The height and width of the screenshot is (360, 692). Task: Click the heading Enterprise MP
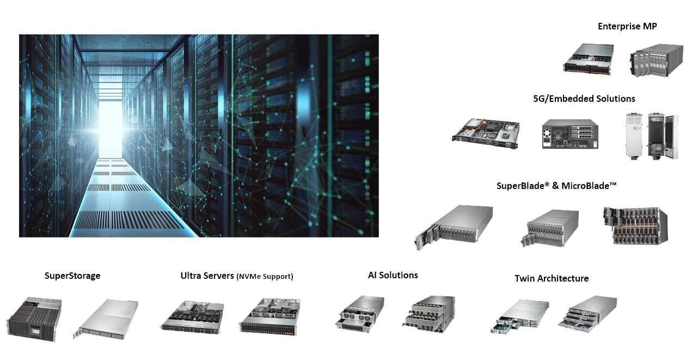click(x=627, y=26)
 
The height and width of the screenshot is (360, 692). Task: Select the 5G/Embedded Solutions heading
click(x=584, y=99)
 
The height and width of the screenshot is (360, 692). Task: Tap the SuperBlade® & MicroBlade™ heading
click(x=556, y=186)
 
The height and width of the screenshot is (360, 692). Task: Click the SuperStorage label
click(x=72, y=276)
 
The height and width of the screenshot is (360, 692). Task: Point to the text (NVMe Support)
click(x=265, y=277)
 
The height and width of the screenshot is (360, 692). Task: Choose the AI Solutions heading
click(x=393, y=275)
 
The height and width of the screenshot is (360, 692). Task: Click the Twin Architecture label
click(x=552, y=278)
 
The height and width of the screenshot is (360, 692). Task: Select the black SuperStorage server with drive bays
click(x=34, y=319)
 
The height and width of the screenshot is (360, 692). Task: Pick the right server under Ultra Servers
click(x=270, y=316)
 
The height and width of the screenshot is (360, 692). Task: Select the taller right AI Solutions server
click(x=430, y=315)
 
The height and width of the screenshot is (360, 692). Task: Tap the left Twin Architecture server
click(x=519, y=316)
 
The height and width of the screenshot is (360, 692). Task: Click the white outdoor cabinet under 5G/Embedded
click(x=651, y=136)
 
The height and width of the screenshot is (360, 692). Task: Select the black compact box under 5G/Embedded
click(x=569, y=134)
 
